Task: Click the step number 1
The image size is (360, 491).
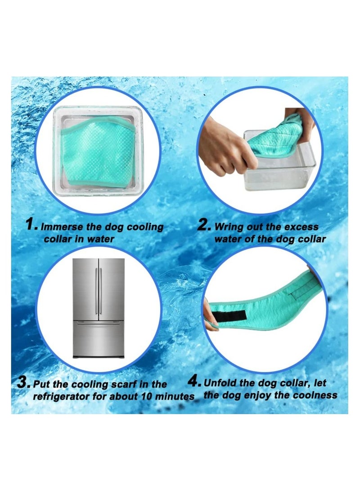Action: click(32, 225)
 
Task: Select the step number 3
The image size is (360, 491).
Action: click(23, 383)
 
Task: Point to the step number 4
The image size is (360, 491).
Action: click(194, 382)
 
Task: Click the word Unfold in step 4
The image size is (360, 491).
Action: click(221, 383)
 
